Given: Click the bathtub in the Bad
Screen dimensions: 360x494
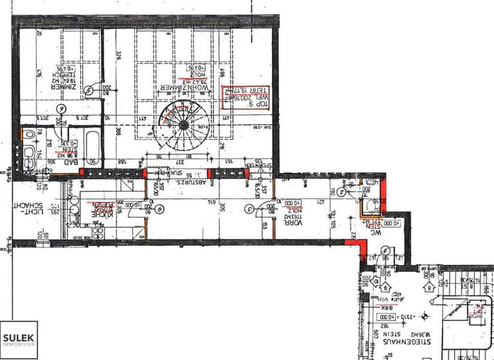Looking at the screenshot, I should pos(90,149).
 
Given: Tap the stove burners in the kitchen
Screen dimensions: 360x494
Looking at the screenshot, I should pos(98,231).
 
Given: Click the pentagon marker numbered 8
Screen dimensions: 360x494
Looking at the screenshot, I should pos(385,279).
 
